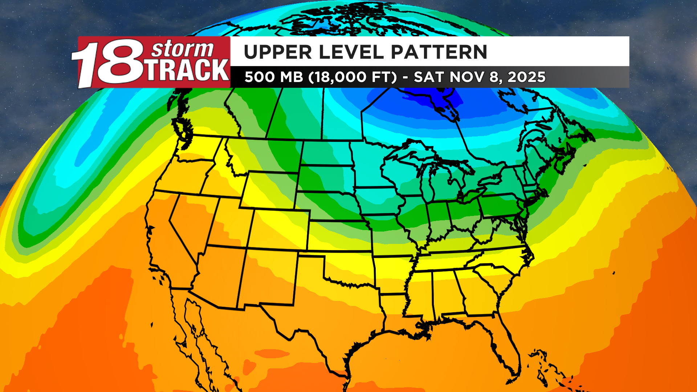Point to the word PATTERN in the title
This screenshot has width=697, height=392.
pyautogui.click(x=439, y=52)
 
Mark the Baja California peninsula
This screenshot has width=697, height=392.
pyautogui.click(x=192, y=327)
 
